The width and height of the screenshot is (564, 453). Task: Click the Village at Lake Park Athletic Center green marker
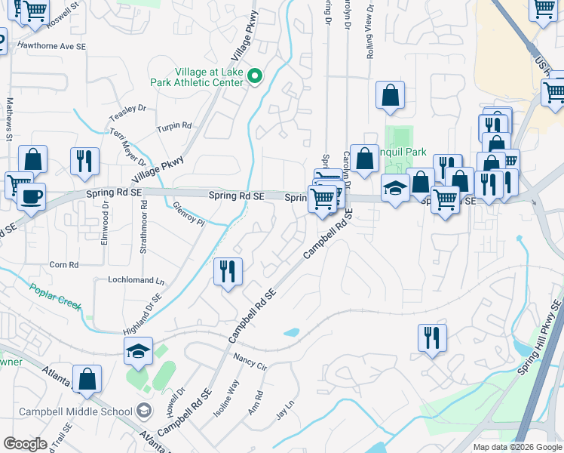click(x=255, y=76)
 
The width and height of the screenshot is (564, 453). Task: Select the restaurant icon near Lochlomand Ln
click(x=228, y=271)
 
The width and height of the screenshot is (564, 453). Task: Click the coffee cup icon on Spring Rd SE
click(x=31, y=198)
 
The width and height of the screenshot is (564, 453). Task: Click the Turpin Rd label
click(x=174, y=127)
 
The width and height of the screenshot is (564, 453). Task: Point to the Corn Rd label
click(x=63, y=265)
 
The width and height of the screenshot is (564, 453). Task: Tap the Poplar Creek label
click(x=54, y=295)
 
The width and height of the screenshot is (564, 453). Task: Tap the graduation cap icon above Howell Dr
click(x=139, y=351)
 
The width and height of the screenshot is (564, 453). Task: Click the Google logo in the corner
click(x=25, y=443)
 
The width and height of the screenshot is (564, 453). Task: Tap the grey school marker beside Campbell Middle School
click(x=142, y=411)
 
